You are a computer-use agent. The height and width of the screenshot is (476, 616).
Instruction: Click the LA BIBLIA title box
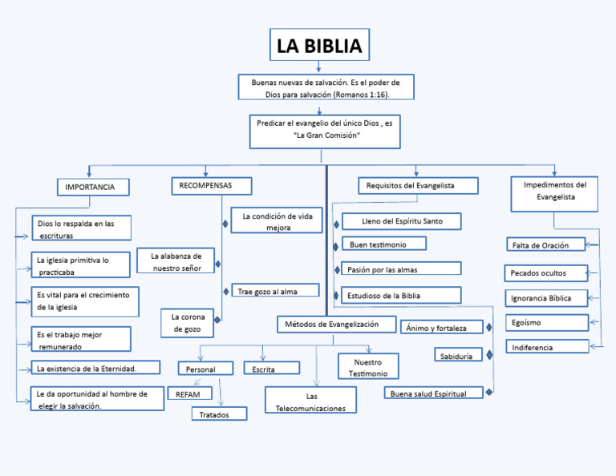[319, 46]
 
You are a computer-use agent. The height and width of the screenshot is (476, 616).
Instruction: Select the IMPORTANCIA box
[91, 188]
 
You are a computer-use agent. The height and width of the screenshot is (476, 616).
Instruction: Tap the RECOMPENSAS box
[211, 186]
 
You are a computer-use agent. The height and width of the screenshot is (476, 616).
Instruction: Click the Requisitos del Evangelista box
[417, 186]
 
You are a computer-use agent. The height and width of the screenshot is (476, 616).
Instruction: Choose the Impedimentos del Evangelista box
[554, 195]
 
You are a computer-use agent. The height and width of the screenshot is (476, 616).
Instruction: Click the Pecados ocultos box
[545, 273]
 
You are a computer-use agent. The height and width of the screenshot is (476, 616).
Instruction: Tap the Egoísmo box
[547, 323]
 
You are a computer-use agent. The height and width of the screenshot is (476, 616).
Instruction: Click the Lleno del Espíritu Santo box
[401, 221]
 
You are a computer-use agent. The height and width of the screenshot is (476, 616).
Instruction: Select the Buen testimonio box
[383, 244]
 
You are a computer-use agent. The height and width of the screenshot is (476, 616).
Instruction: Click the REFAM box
[189, 393]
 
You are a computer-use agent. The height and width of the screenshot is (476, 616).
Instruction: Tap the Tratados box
[219, 413]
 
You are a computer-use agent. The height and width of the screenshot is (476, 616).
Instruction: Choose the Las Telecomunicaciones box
[310, 401]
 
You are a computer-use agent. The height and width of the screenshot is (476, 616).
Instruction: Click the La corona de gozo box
[188, 323]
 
